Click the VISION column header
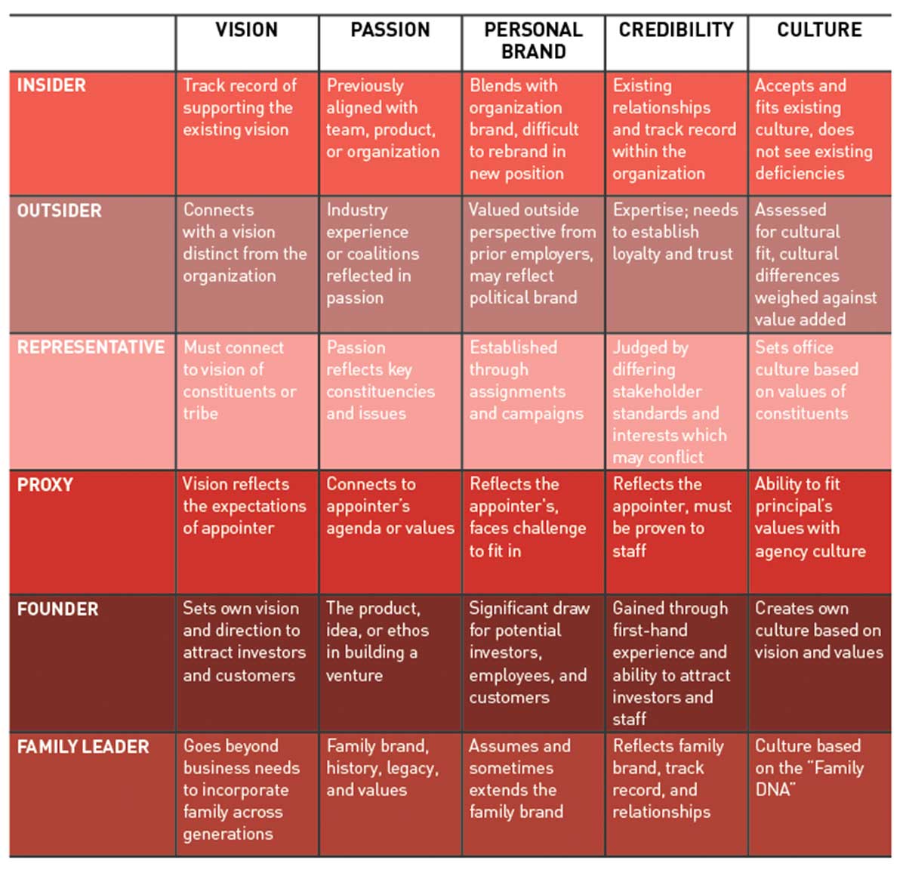pyautogui.click(x=246, y=30)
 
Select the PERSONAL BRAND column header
pyautogui.click(x=533, y=41)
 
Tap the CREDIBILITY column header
pyautogui.click(x=676, y=30)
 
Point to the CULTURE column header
pyautogui.click(x=819, y=30)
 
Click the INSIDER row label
pyautogui.click(x=51, y=85)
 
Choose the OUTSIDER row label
pyautogui.click(x=59, y=211)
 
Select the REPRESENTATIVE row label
pyautogui.click(x=91, y=347)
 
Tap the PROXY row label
pyautogui.click(x=45, y=485)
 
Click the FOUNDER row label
pyautogui.click(x=57, y=609)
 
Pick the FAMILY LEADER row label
pyautogui.click(x=83, y=747)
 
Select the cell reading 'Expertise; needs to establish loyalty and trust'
pyautogui.click(x=675, y=232)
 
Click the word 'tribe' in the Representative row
pyautogui.click(x=200, y=414)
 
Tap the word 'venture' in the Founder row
pyautogui.click(x=354, y=674)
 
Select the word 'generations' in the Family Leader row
pyautogui.click(x=228, y=834)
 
